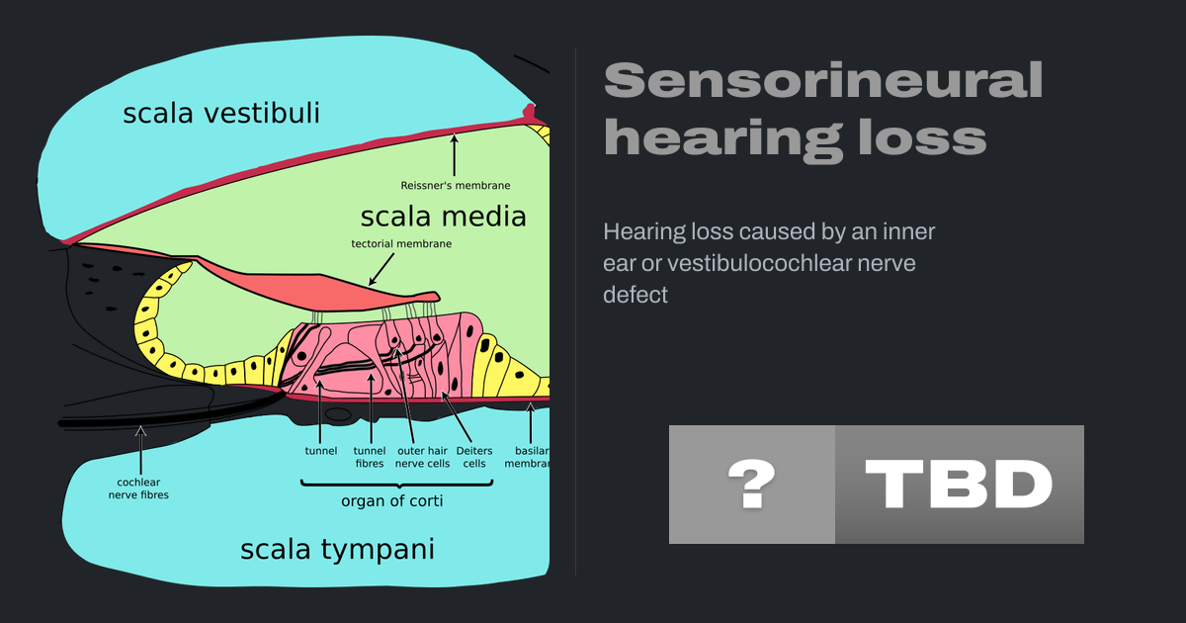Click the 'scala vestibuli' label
(x=221, y=114)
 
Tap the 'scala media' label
(x=443, y=217)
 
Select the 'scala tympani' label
(x=337, y=550)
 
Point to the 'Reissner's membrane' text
(x=456, y=186)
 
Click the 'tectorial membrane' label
(x=401, y=243)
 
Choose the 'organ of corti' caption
(x=391, y=501)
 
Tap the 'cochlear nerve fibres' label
(x=138, y=489)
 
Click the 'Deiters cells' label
(x=474, y=457)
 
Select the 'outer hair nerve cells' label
(x=423, y=457)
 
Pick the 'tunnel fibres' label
(x=370, y=457)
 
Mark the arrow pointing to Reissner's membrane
(x=455, y=154)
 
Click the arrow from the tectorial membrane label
(x=381, y=270)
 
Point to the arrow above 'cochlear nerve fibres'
(x=140, y=450)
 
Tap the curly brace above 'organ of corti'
(x=397, y=484)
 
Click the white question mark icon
(x=752, y=485)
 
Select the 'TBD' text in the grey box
(x=959, y=485)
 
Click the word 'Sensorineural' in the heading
(x=823, y=80)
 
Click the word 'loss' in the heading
(x=923, y=137)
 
